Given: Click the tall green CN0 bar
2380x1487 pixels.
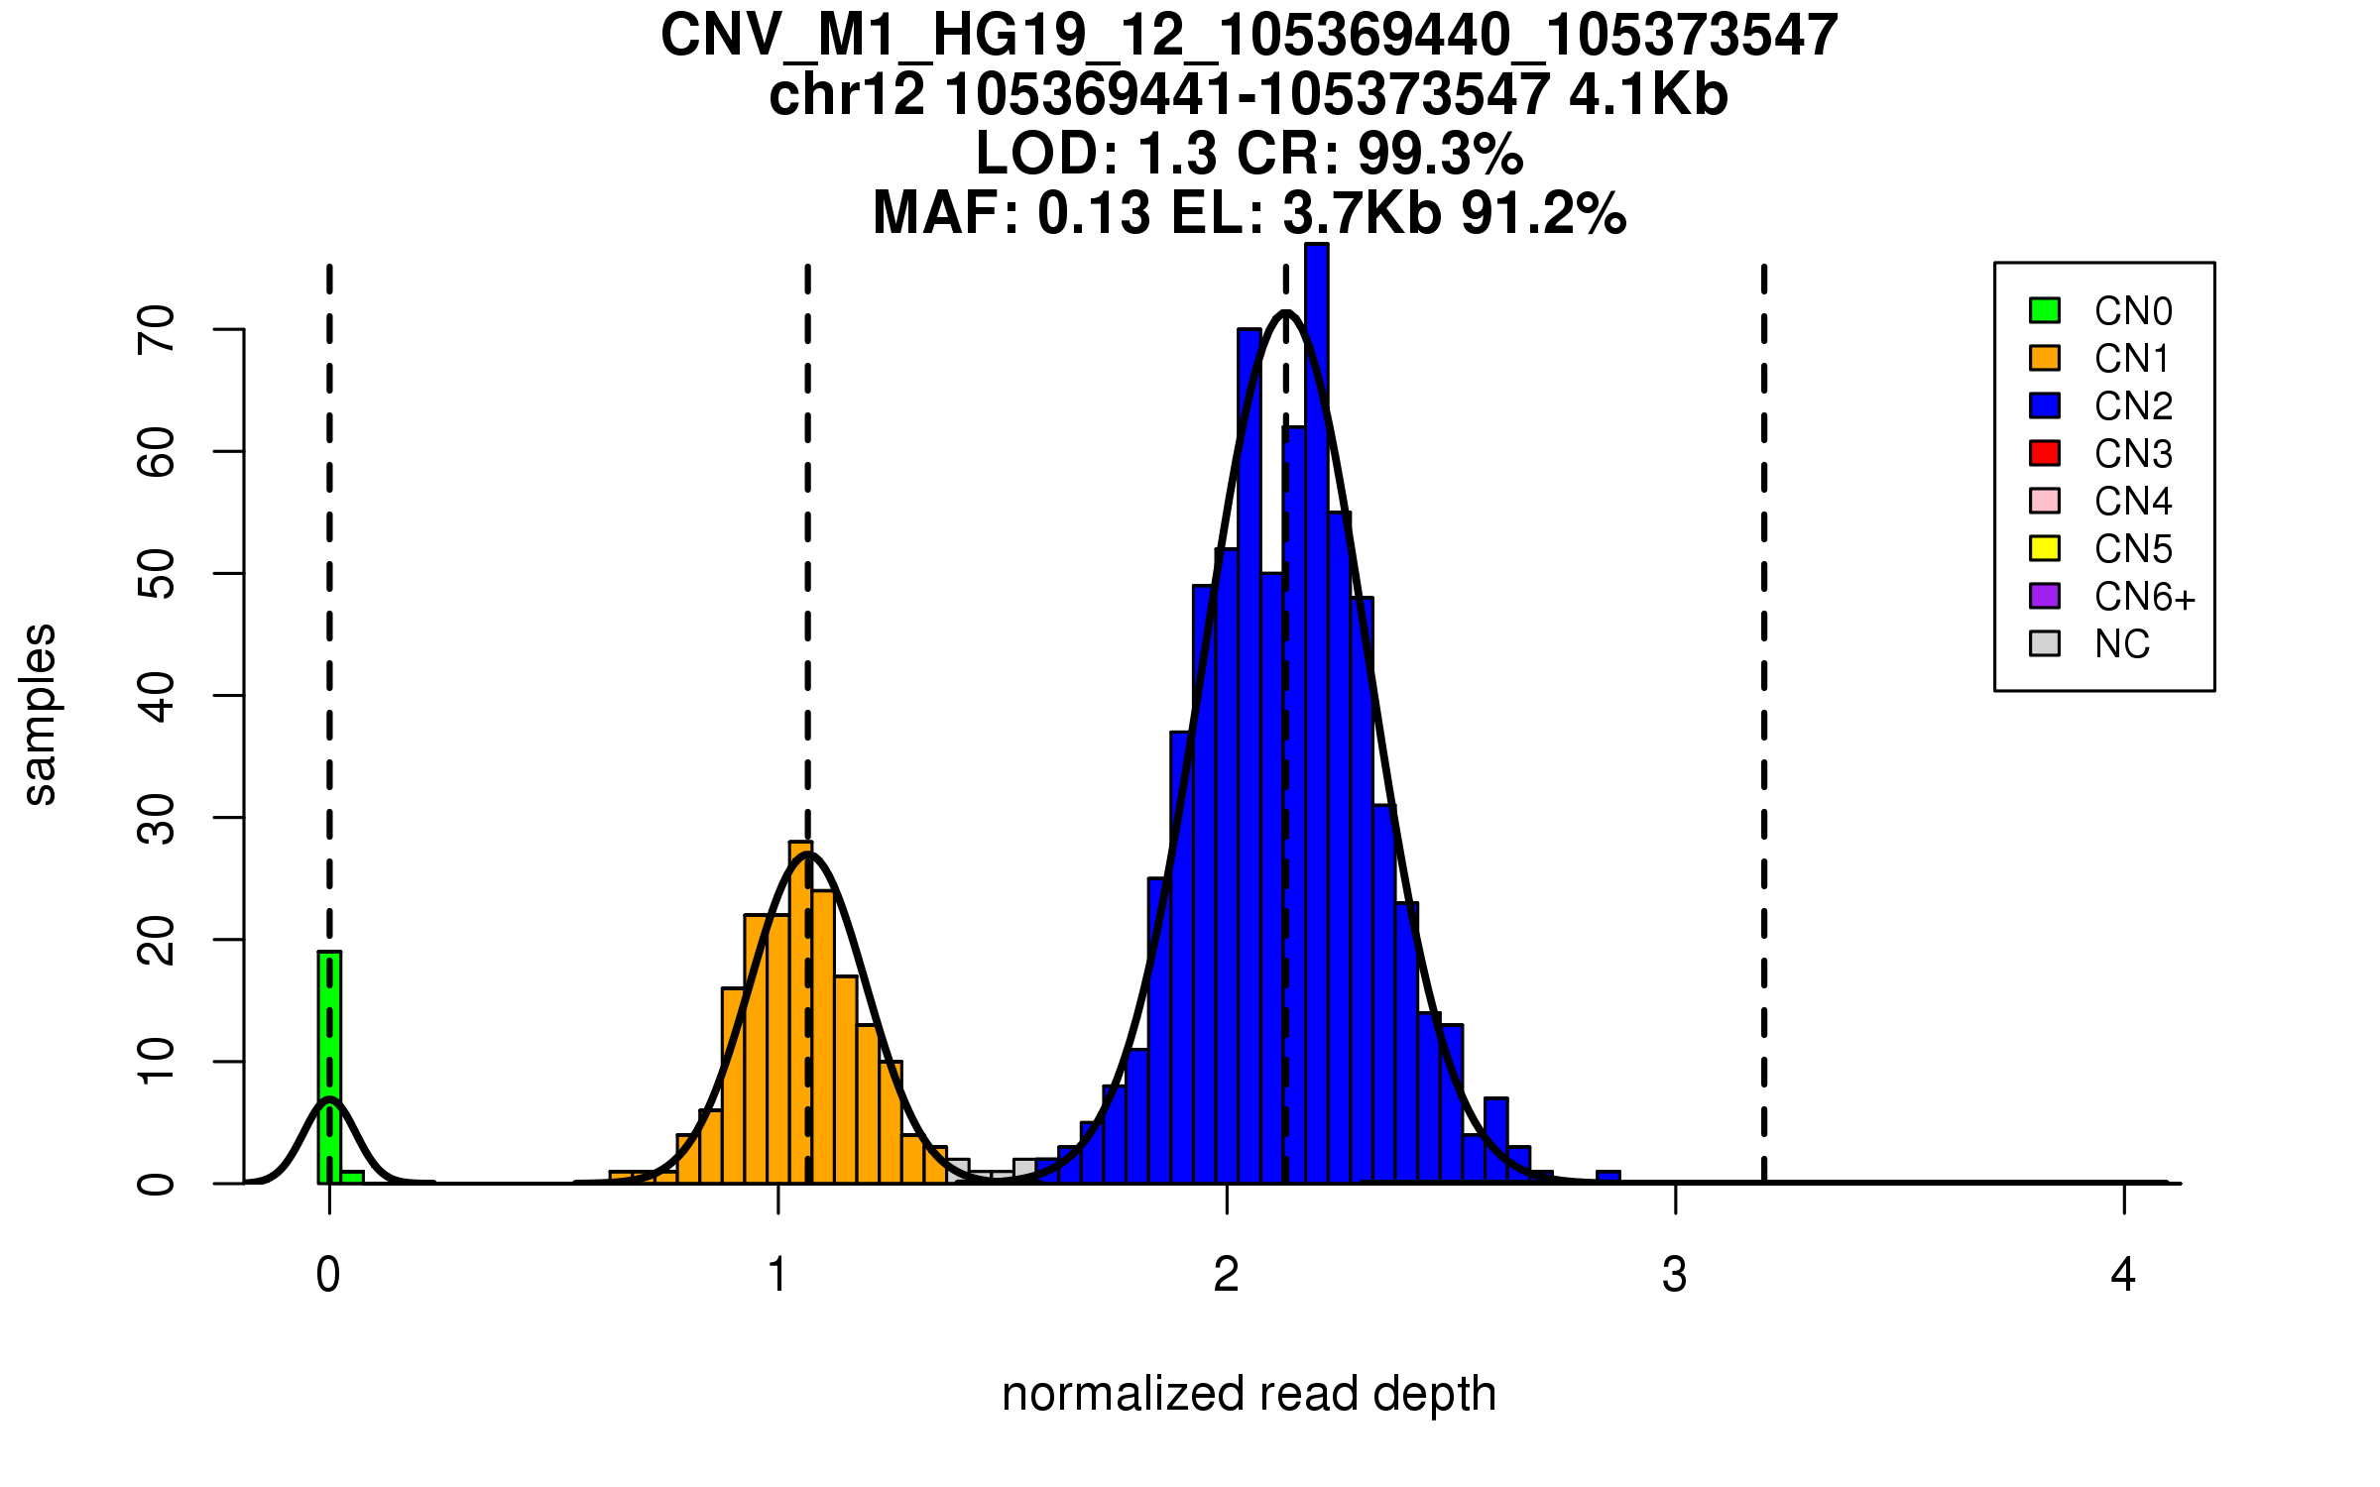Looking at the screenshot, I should (329, 1066).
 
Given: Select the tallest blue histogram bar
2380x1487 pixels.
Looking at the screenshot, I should (1316, 714).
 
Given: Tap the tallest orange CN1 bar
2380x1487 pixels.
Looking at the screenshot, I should (800, 1011).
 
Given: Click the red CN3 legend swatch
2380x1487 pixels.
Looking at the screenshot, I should (2045, 453).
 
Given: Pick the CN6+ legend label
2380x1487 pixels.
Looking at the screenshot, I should (2144, 597).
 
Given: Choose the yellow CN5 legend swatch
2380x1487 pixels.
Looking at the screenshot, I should (2045, 548).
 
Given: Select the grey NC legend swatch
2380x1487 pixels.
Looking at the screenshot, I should (2045, 643).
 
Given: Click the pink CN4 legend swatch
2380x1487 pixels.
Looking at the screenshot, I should (2045, 501).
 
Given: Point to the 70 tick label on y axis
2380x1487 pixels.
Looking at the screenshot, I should (157, 329).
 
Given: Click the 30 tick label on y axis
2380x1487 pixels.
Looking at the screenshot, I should (157, 818).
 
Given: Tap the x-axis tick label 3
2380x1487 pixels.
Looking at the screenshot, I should (1675, 1275).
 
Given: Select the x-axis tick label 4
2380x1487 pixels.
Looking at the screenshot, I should (2123, 1275).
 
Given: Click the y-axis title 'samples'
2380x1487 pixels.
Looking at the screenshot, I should (40, 714).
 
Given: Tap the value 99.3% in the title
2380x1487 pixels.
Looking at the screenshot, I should (1440, 154).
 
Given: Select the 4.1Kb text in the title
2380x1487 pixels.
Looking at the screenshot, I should (1648, 95).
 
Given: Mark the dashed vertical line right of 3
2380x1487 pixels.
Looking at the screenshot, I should (1764, 724).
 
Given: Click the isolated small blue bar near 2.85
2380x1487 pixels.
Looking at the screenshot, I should (1607, 1177).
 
